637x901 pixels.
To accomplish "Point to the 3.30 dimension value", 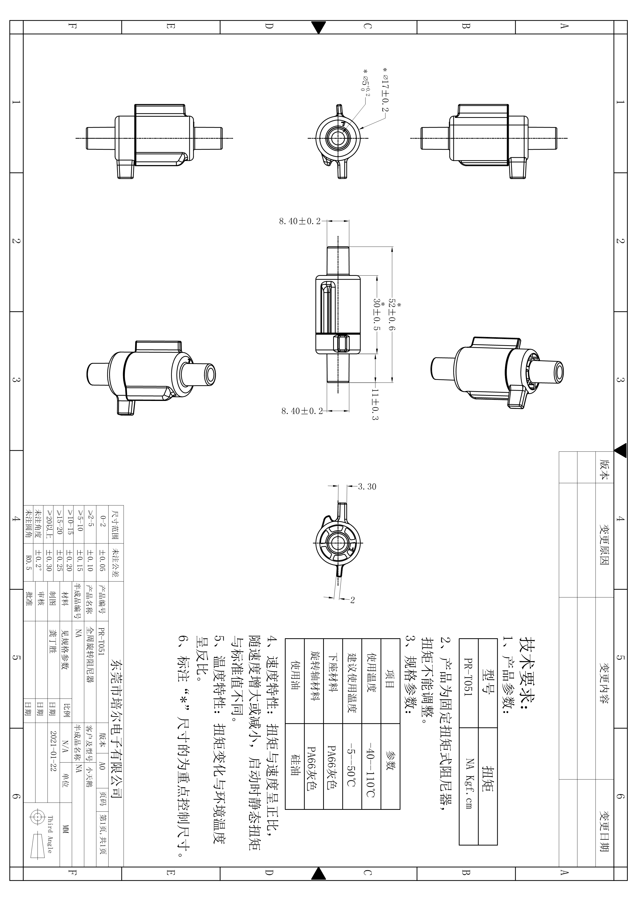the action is coord(367,487).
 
